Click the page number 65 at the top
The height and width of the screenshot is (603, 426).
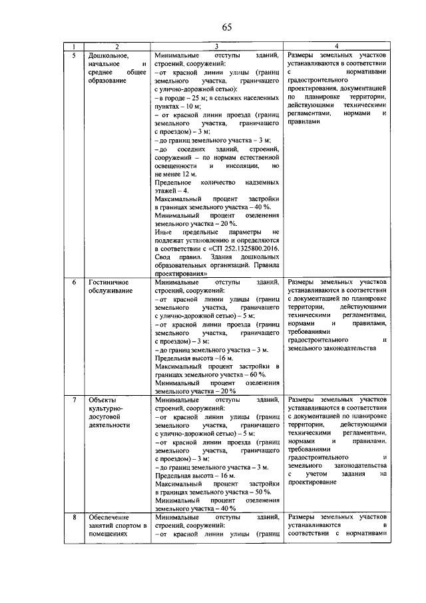[x=226, y=27]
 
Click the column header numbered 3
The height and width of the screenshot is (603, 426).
[x=216, y=47]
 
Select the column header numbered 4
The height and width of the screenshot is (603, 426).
[x=336, y=47]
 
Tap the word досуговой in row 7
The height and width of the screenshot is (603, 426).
[x=106, y=416]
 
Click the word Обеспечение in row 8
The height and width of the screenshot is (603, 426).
[x=110, y=517]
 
